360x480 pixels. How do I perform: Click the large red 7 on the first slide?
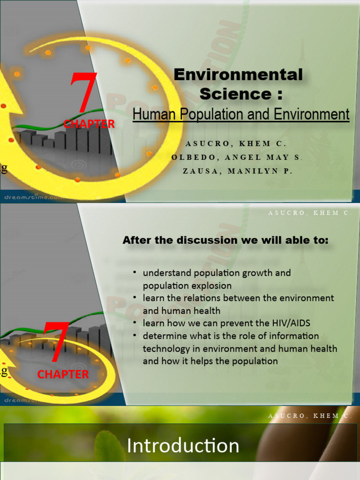pyautogui.click(x=84, y=94)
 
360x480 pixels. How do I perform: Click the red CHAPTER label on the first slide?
pyautogui.click(x=89, y=124)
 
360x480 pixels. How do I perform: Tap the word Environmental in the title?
pyautogui.click(x=238, y=75)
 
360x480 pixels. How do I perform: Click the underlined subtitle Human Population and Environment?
pyautogui.click(x=241, y=114)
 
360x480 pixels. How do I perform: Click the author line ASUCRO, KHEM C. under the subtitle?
pyautogui.click(x=236, y=143)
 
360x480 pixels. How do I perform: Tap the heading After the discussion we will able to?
pyautogui.click(x=225, y=240)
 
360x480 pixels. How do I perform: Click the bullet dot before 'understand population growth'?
pyautogui.click(x=135, y=272)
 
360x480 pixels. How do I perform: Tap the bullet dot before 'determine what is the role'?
pyautogui.click(x=135, y=336)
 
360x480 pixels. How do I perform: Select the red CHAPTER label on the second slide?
pyautogui.click(x=63, y=374)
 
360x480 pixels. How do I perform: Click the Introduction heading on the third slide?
pyautogui.click(x=183, y=446)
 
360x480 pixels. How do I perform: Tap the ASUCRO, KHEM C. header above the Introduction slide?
pyautogui.click(x=310, y=416)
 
